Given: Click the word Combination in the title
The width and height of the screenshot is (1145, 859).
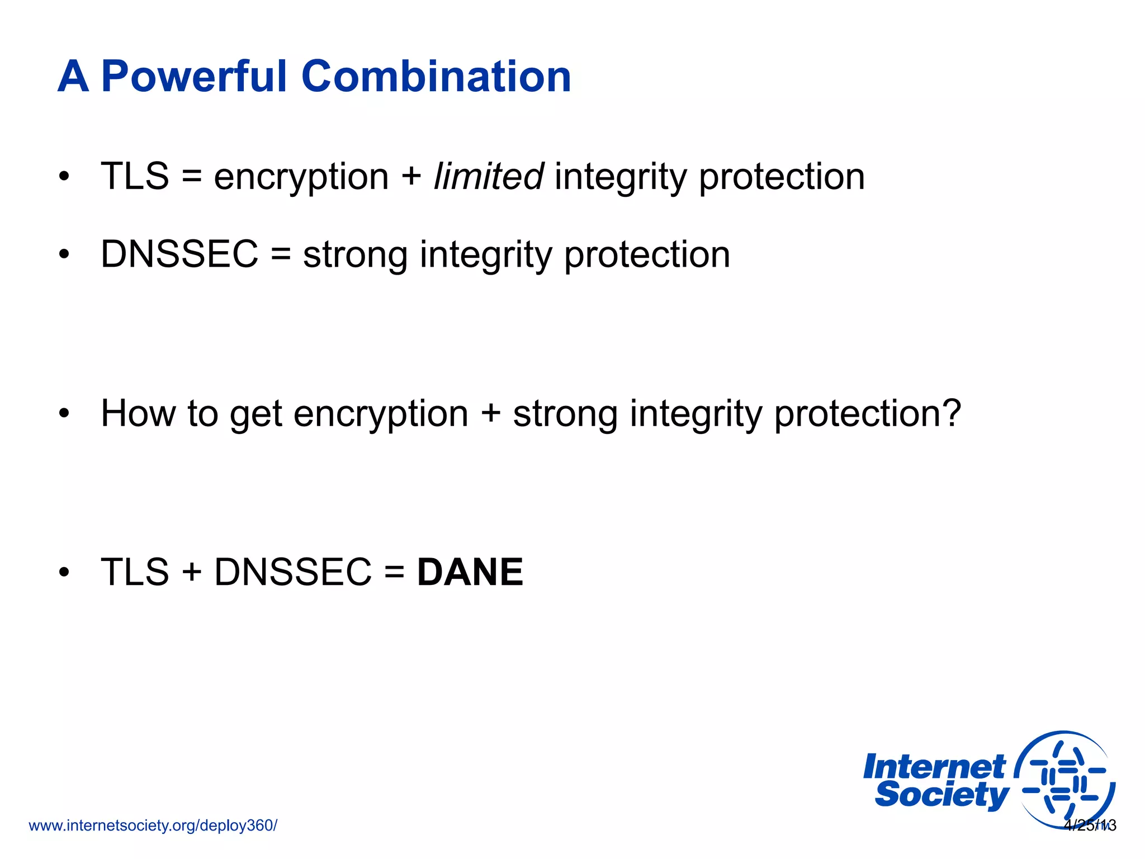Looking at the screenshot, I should point(436,77).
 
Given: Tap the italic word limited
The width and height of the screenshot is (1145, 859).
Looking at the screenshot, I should point(488,177).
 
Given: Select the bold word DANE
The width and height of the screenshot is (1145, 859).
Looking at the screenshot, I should point(470,572).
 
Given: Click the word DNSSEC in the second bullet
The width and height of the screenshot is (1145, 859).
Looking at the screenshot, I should point(179,254).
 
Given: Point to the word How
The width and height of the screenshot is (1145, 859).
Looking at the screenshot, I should point(138,414).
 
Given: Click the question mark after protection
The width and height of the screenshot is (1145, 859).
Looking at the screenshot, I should point(950,414).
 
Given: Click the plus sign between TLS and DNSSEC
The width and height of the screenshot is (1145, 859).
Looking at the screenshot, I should point(191,573).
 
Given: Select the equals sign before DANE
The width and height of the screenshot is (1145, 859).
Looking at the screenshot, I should point(394,573).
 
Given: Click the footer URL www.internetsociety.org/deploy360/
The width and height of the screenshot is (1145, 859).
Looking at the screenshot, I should point(153,825).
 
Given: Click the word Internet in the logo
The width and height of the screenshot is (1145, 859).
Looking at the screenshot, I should point(934,767).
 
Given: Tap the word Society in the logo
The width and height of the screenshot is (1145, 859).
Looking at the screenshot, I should point(941,795).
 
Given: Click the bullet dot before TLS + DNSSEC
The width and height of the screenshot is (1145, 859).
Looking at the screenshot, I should point(64,573).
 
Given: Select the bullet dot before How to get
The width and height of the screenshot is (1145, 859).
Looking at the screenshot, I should point(64,414).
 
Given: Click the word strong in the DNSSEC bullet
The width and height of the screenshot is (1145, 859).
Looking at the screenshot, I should point(355,255).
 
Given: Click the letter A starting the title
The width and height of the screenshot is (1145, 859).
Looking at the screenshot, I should point(73,77).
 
